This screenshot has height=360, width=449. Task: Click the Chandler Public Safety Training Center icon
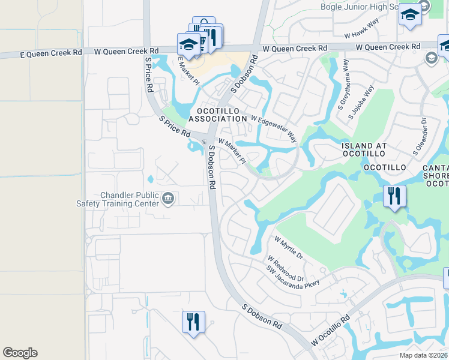(169, 198)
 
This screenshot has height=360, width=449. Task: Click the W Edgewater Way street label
(274, 128)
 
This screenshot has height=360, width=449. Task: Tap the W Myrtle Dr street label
(289, 247)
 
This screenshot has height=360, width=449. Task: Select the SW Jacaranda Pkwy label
(294, 277)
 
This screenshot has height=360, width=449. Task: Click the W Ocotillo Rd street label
(330, 331)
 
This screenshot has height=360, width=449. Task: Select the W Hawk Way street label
(362, 29)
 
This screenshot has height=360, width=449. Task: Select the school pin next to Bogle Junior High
(410, 15)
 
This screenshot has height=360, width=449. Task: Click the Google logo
(20, 353)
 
